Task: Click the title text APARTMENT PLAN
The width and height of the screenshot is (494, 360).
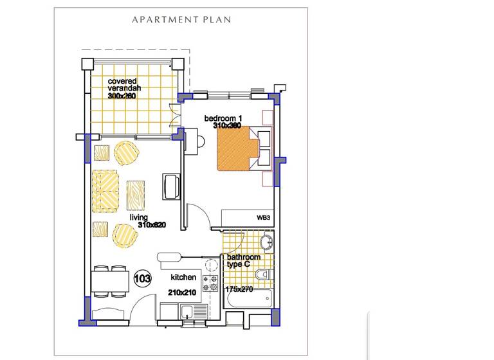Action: pos(181,19)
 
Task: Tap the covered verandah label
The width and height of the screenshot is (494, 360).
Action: pos(124,85)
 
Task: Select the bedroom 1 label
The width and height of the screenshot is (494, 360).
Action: pos(223,118)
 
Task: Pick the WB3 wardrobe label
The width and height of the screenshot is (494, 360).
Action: pos(262,219)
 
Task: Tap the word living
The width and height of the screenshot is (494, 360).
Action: pos(140,217)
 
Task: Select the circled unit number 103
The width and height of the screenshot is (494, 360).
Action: pos(142,278)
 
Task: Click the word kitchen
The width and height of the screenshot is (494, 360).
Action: pos(183,278)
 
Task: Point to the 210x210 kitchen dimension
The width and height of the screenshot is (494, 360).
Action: pos(181,292)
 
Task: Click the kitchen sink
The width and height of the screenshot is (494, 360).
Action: pos(187,314)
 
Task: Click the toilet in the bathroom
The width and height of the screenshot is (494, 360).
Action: pos(264,276)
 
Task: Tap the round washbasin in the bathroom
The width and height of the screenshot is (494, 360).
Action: pos(267,244)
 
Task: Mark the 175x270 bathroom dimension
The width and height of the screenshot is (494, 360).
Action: pos(239,289)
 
